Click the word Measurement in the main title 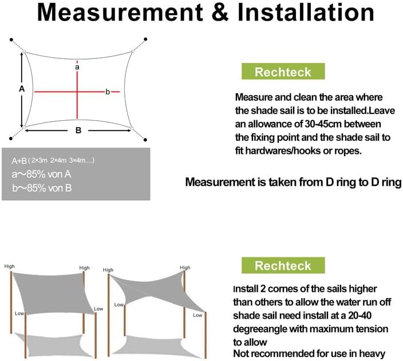pos(120,13)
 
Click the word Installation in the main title pos(306,13)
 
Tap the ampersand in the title pos(220,13)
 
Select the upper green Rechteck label pos(283,72)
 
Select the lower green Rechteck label pos(283,265)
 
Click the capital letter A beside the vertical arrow pos(22,89)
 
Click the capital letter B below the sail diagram pos(78,130)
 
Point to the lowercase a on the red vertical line pos(77,68)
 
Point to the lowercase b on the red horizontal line pos(108,92)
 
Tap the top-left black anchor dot pos(11,39)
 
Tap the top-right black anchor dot pos(145,39)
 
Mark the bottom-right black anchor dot pos(145,140)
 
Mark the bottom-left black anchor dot pos(11,138)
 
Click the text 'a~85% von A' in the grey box pos(41,174)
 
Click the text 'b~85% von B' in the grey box pos(42,188)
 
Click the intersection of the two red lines pos(77,92)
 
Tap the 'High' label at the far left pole pos(10,267)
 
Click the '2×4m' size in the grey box pos(58,161)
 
